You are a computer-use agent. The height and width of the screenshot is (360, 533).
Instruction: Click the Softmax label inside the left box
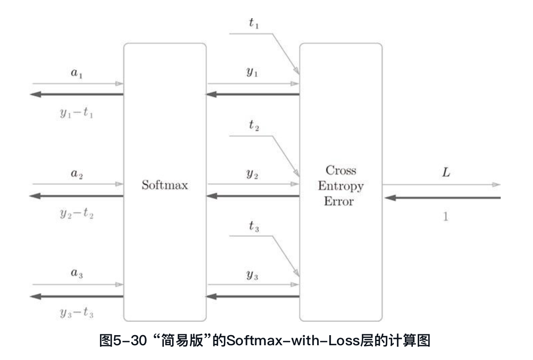[x=164, y=185]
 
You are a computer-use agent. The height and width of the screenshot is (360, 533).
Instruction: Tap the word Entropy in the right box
[x=340, y=186]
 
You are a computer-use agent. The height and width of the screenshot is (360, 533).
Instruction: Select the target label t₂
[x=253, y=125]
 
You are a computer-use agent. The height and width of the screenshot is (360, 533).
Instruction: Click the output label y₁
[x=252, y=73]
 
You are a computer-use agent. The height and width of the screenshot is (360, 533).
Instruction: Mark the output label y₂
[x=252, y=174]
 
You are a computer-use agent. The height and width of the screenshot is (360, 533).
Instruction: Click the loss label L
[x=445, y=172]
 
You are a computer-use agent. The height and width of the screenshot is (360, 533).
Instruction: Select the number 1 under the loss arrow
[x=445, y=217]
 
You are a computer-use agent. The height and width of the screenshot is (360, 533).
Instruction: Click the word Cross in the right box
[x=340, y=171]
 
